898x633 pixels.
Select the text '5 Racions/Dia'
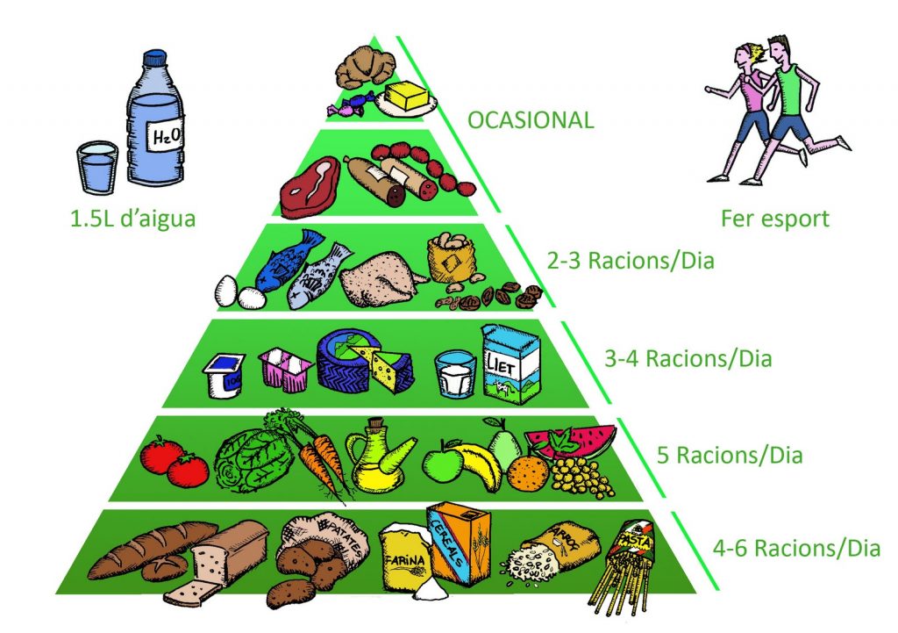[730, 456]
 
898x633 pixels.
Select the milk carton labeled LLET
[511, 364]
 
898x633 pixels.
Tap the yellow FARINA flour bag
[405, 557]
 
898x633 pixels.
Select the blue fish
[285, 258]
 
